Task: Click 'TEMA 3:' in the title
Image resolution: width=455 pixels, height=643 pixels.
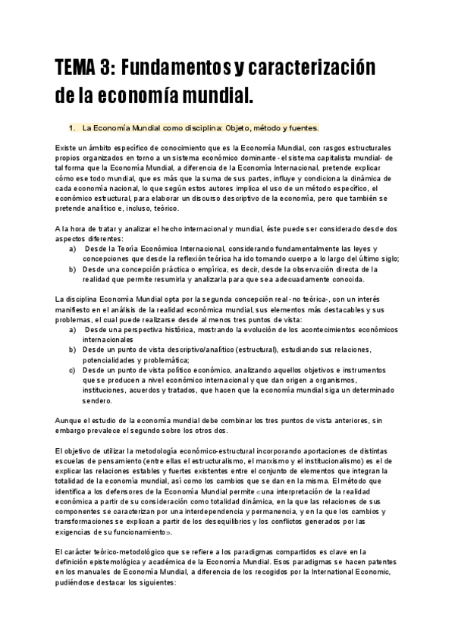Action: pos(83,69)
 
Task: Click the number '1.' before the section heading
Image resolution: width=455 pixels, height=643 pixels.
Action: pos(72,127)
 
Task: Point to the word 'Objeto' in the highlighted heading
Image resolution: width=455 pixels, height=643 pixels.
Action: pos(237,127)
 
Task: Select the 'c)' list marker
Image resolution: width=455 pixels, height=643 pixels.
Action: pos(72,370)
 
